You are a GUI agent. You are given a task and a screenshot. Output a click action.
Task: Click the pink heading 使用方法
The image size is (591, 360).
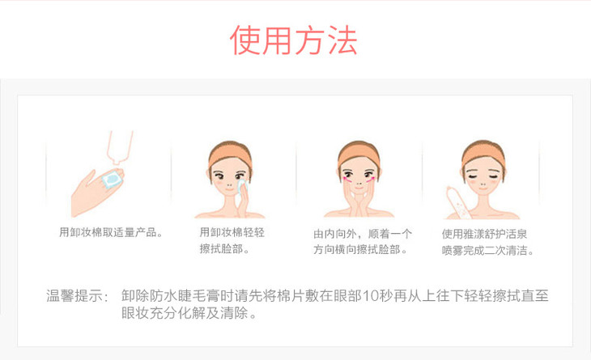tap(294, 40)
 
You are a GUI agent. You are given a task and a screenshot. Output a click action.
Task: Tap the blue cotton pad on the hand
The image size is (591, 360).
tap(113, 179)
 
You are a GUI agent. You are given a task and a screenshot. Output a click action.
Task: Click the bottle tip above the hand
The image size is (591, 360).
tap(120, 161)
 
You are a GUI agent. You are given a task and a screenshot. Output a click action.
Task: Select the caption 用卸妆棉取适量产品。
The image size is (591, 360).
tap(111, 232)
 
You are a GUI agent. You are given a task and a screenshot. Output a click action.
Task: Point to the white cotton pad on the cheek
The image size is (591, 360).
tap(240, 186)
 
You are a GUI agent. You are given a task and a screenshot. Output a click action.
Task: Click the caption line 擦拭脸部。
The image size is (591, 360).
tap(224, 249)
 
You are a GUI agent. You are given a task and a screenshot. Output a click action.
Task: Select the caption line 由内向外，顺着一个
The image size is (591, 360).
tap(362, 234)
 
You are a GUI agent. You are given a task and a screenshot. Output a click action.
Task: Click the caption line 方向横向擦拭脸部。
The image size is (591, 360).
tap(360, 249)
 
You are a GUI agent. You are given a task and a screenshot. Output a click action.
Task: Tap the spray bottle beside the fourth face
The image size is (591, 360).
tap(457, 202)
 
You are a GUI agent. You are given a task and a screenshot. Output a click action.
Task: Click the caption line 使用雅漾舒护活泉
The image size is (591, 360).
tap(484, 234)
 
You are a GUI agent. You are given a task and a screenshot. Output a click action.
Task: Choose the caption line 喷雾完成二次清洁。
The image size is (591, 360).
tap(487, 250)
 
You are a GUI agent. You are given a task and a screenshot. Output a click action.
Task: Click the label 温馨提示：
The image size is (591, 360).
tap(78, 295)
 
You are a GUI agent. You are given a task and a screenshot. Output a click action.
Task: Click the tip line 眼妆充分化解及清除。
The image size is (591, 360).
tap(189, 312)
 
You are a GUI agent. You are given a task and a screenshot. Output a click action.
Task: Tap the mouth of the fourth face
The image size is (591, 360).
tap(483, 188)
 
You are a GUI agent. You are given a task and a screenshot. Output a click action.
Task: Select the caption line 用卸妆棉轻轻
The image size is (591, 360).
tap(232, 232)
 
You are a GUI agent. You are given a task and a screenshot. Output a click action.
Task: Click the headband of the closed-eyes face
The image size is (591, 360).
tap(483, 151)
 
